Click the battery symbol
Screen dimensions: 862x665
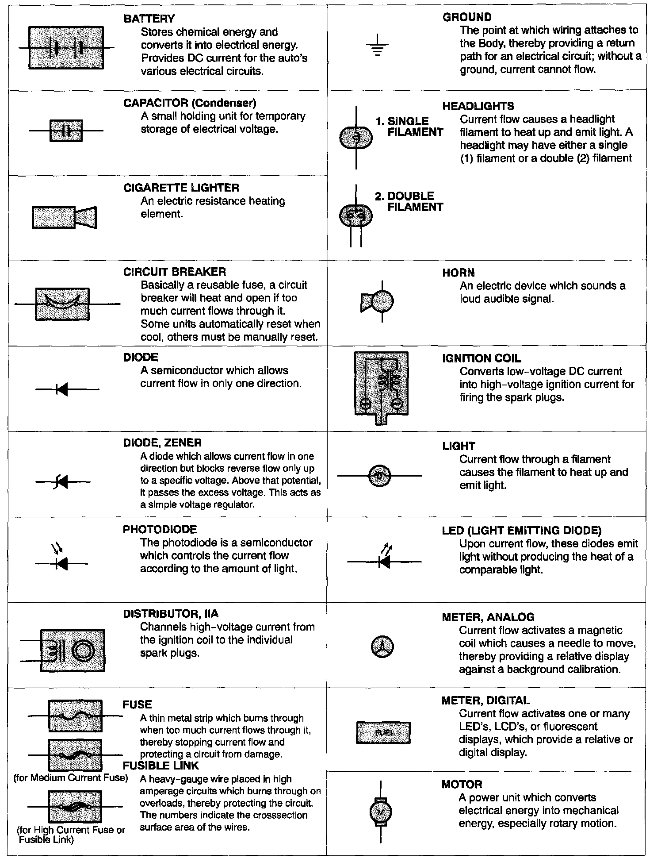[x=66, y=47]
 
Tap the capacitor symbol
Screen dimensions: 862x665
[x=66, y=131]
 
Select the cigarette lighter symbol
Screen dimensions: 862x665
[x=65, y=217]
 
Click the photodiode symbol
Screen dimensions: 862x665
[x=61, y=560]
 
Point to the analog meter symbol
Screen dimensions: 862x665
[x=382, y=647]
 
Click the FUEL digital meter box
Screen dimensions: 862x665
[x=383, y=732]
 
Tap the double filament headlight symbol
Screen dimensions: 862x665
[x=355, y=216]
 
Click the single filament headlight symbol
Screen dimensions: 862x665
[x=356, y=138]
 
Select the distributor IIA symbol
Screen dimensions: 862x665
[x=73, y=650]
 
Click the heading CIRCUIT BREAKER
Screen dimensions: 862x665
[x=175, y=272]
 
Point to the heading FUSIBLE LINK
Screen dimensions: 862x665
[x=161, y=766]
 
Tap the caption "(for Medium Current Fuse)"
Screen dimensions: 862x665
[x=71, y=778]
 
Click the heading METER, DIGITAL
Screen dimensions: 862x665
[x=485, y=700]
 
